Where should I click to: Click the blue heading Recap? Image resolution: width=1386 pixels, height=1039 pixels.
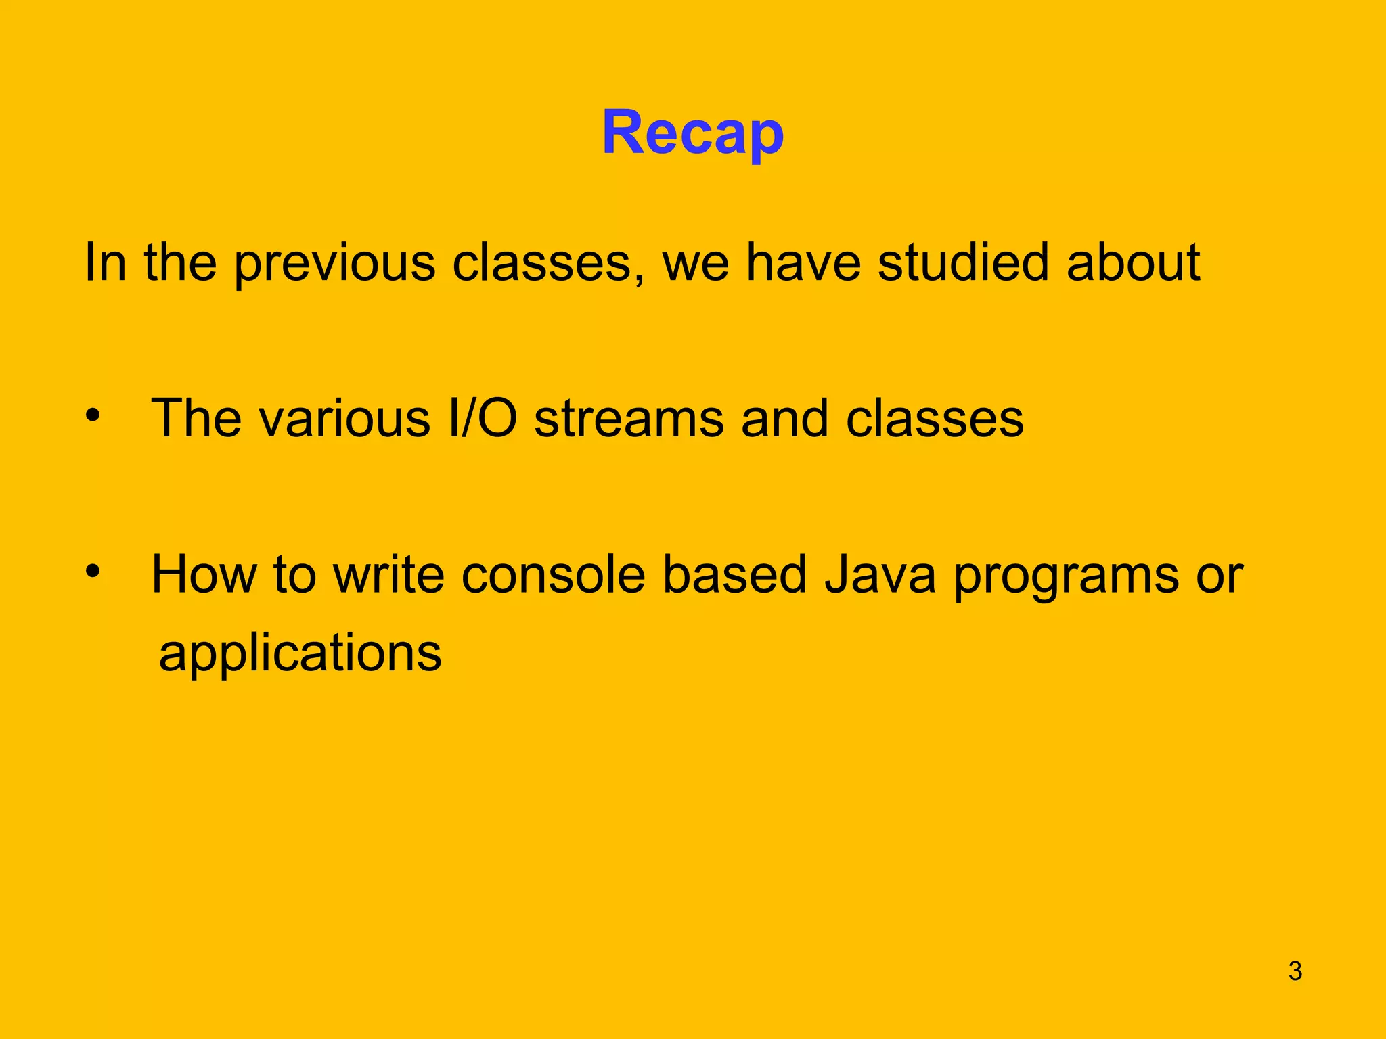(692, 133)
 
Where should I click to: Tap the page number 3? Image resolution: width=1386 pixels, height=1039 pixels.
(1295, 971)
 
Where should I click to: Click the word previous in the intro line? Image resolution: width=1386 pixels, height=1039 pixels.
(334, 262)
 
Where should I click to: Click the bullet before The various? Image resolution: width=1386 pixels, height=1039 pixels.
(93, 415)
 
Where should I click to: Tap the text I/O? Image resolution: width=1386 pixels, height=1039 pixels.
(483, 419)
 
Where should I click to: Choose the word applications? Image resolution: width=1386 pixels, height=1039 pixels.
(300, 653)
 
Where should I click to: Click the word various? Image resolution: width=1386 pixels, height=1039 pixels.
(344, 419)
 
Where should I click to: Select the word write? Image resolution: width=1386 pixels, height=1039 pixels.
(388, 575)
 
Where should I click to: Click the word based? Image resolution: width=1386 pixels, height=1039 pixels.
(734, 575)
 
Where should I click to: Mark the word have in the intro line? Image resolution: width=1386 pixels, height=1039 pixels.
(803, 262)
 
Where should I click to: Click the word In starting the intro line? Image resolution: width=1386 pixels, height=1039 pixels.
(105, 262)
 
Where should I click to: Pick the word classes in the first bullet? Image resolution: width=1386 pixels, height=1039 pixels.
(935, 419)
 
